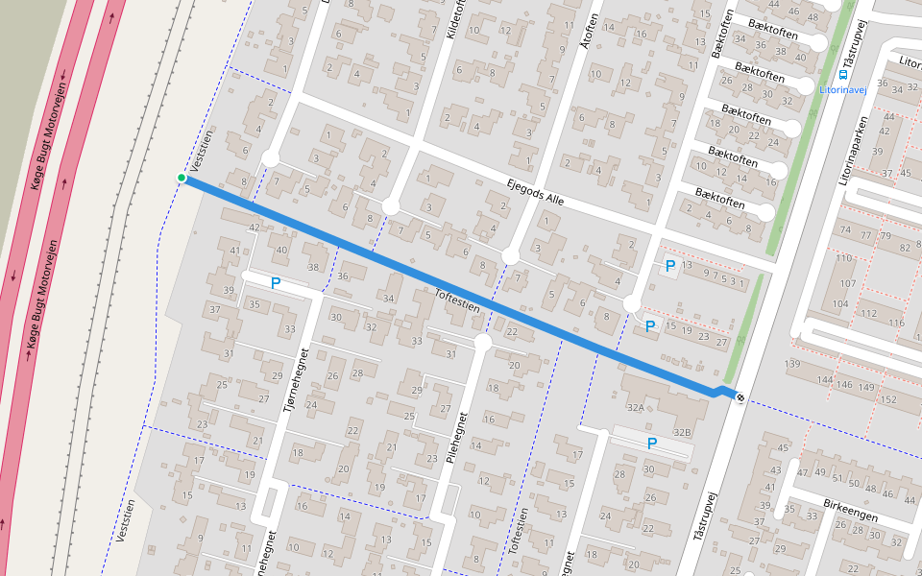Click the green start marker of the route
pyautogui.click(x=181, y=178)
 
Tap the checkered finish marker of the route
pyautogui.click(x=739, y=396)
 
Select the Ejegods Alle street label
pyautogui.click(x=535, y=193)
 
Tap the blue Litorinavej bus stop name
pyautogui.click(x=843, y=89)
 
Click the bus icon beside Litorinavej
pyautogui.click(x=842, y=74)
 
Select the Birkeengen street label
pyautogui.click(x=852, y=512)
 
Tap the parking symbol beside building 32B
pyautogui.click(x=651, y=444)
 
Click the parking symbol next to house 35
pyautogui.click(x=275, y=283)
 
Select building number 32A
pyautogui.click(x=635, y=408)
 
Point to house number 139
pyautogui.click(x=792, y=364)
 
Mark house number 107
pyautogui.click(x=848, y=283)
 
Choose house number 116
pyautogui.click(x=897, y=323)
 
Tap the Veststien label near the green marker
pyautogui.click(x=201, y=156)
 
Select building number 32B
pyautogui.click(x=682, y=433)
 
